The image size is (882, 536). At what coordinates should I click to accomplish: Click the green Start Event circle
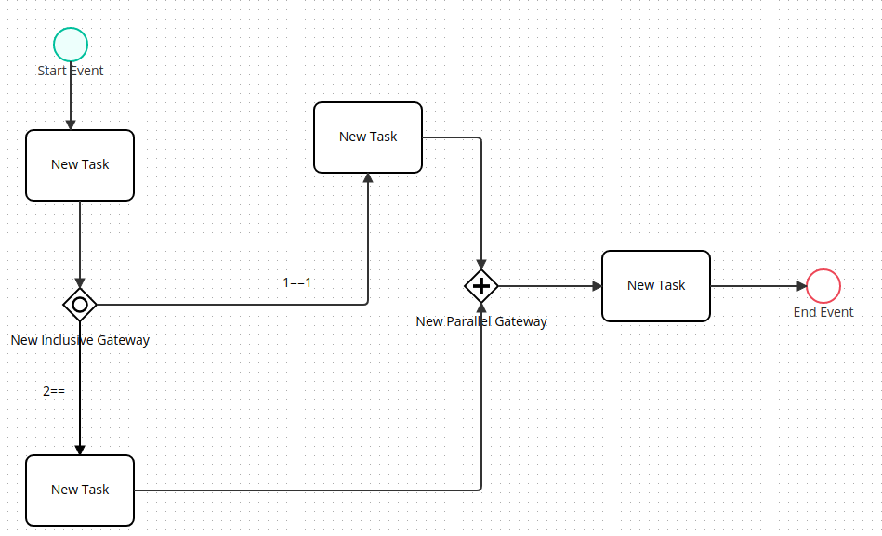coord(71,45)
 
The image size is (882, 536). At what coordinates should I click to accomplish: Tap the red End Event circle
coord(823,286)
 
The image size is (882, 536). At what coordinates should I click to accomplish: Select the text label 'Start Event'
coord(71,71)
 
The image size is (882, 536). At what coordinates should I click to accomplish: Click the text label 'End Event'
coord(823,312)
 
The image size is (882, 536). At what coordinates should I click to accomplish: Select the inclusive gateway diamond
coord(80,304)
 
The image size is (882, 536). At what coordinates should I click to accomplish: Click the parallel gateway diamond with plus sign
coord(481,286)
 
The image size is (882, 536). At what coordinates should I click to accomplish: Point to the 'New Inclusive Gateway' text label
coord(80,340)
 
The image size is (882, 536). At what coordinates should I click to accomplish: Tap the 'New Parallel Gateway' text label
coord(481,321)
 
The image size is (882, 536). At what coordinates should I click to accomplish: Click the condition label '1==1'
coord(296,282)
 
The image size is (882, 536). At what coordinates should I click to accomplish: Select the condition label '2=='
coord(54,391)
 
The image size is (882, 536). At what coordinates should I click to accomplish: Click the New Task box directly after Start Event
coord(80,165)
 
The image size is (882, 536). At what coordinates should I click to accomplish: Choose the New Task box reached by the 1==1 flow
coord(368,137)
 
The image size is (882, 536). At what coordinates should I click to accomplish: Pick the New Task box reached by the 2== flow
coord(80,490)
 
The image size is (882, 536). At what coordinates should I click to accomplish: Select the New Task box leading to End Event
coord(656,286)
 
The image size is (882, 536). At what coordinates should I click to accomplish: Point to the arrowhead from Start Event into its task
coord(71,124)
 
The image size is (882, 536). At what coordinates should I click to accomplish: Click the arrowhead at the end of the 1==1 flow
coord(368,178)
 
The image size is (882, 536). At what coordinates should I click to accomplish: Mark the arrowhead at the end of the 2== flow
coord(80,450)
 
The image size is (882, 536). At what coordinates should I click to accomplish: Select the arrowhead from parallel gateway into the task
coord(597,286)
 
